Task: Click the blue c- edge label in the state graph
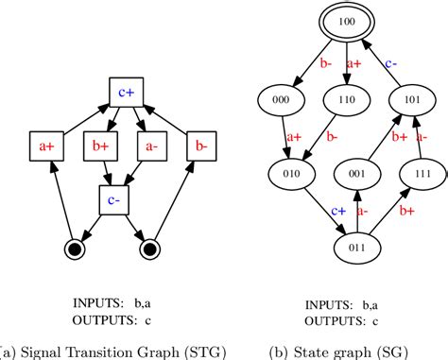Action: [x=388, y=62]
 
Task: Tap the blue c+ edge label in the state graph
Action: [x=313, y=214]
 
